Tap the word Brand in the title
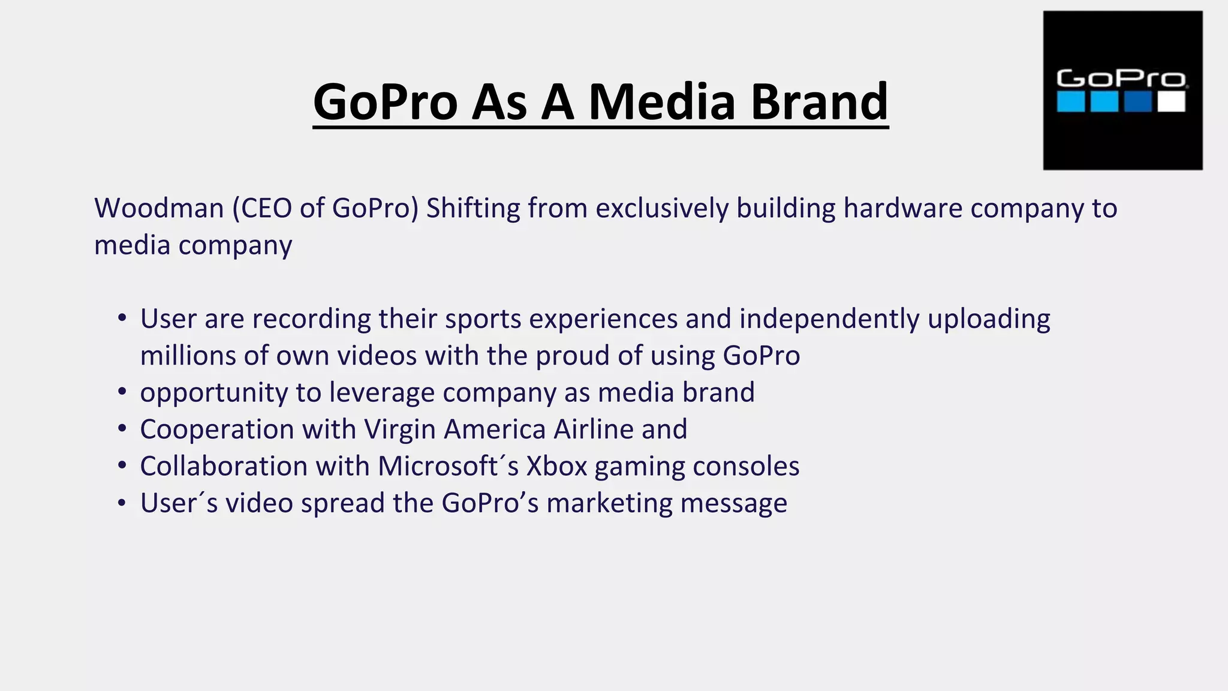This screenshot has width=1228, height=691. coord(819,101)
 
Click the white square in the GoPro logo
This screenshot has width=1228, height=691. coord(1171,101)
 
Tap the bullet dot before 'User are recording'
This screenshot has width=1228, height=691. coord(122,318)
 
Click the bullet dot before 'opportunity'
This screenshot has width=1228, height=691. coord(122,392)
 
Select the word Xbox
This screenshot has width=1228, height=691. coord(556,466)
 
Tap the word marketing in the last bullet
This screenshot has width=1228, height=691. coord(609,503)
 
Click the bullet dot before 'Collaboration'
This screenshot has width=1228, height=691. coord(122,465)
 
